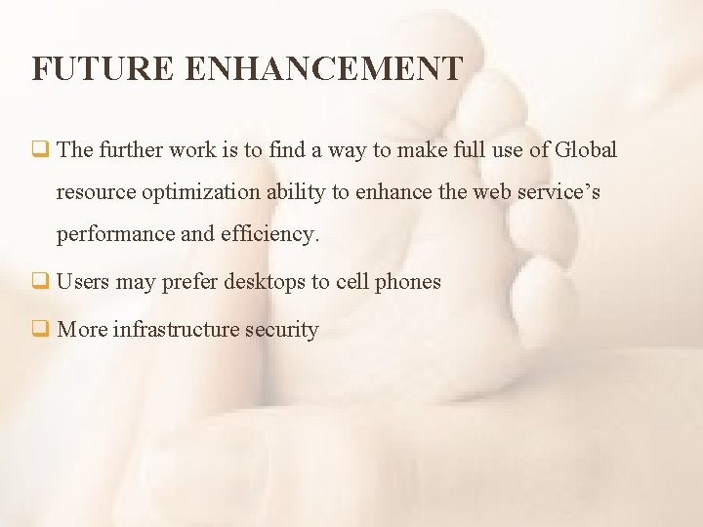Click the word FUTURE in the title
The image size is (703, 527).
pyautogui.click(x=102, y=69)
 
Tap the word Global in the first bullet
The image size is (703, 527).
pyautogui.click(x=586, y=150)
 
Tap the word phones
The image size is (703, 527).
pyautogui.click(x=407, y=282)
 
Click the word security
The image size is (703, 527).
pyautogui.click(x=282, y=330)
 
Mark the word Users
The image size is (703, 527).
pyautogui.click(x=83, y=282)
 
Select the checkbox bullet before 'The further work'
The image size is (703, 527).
pyautogui.click(x=40, y=150)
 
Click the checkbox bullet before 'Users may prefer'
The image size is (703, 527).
pyautogui.click(x=40, y=282)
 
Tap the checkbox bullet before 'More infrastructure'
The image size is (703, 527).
pyautogui.click(x=40, y=330)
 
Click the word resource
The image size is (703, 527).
pyautogui.click(x=96, y=192)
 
